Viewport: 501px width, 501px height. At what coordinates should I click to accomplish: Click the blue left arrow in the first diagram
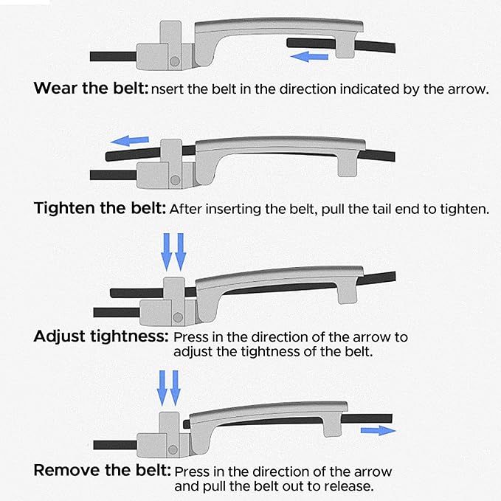(309, 57)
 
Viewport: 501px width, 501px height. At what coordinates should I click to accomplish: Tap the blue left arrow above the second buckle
(129, 141)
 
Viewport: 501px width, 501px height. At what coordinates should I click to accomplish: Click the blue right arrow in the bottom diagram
(378, 430)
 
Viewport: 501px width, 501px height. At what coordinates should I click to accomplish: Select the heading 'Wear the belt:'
(91, 88)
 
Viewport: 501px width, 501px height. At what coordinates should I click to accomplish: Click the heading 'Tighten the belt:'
(100, 208)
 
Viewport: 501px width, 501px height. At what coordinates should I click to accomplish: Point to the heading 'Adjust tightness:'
(101, 336)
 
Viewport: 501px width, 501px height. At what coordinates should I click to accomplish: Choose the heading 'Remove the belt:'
(103, 470)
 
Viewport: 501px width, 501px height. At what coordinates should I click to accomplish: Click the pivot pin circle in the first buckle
(174, 61)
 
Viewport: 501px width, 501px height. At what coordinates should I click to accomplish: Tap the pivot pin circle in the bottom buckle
(173, 449)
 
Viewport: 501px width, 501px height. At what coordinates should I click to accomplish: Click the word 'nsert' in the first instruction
(167, 89)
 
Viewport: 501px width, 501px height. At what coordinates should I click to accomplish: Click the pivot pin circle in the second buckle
(175, 180)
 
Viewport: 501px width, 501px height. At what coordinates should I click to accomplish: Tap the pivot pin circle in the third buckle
(178, 317)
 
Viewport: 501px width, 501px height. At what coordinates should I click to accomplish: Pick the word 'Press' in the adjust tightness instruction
(191, 337)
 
